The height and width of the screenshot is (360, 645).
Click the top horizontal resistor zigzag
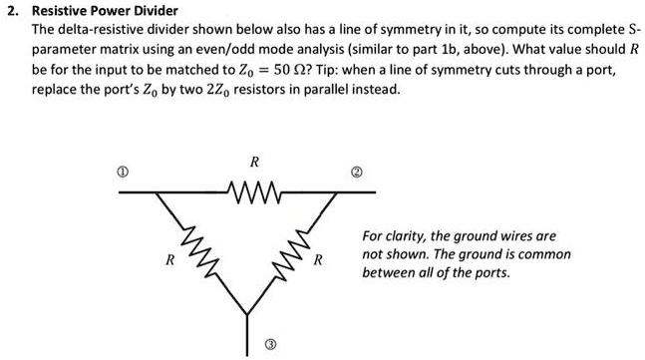tap(255, 186)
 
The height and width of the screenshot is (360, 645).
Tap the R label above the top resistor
tap(254, 161)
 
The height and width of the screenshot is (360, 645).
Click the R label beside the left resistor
tap(170, 261)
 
